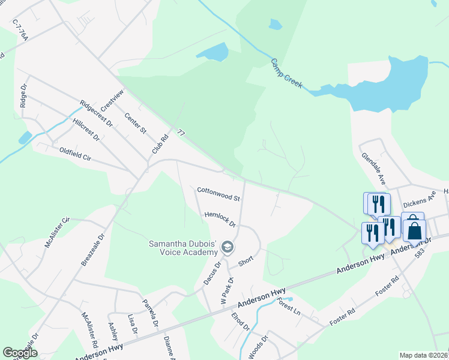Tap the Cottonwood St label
(x=218, y=194)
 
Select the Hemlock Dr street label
(x=220, y=218)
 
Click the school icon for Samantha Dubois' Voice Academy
(x=228, y=247)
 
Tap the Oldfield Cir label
(x=74, y=154)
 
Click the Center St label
(x=135, y=123)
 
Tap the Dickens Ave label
(x=418, y=204)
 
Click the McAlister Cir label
(x=57, y=233)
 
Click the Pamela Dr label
(x=149, y=313)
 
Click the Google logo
(x=20, y=353)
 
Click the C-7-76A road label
(x=20, y=29)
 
